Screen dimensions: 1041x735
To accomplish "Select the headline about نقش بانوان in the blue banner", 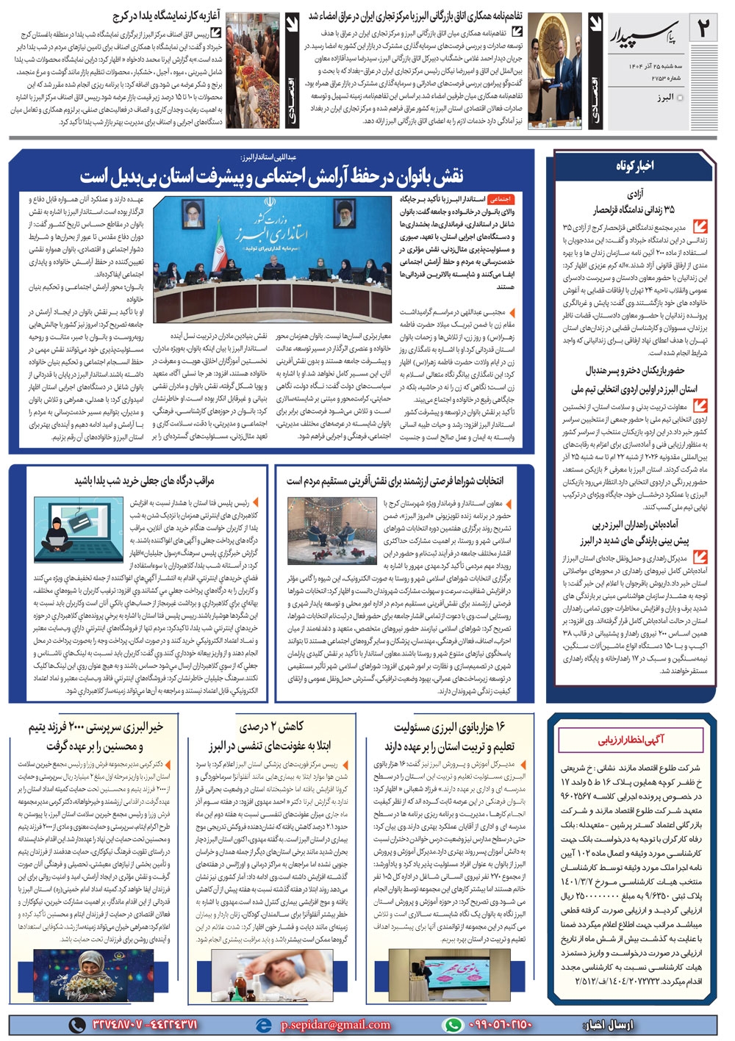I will (x=272, y=176).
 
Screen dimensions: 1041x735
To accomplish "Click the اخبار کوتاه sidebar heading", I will (x=634, y=166).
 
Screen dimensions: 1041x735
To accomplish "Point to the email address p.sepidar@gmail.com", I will (x=334, y=1024).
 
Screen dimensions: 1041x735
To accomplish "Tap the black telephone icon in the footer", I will (x=76, y=1024).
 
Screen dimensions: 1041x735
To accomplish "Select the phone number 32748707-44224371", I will (x=145, y=1024).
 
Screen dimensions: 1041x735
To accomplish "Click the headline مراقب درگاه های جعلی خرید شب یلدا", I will (x=144, y=480).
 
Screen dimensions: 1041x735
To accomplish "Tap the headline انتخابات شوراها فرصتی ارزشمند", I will (x=395, y=480).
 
